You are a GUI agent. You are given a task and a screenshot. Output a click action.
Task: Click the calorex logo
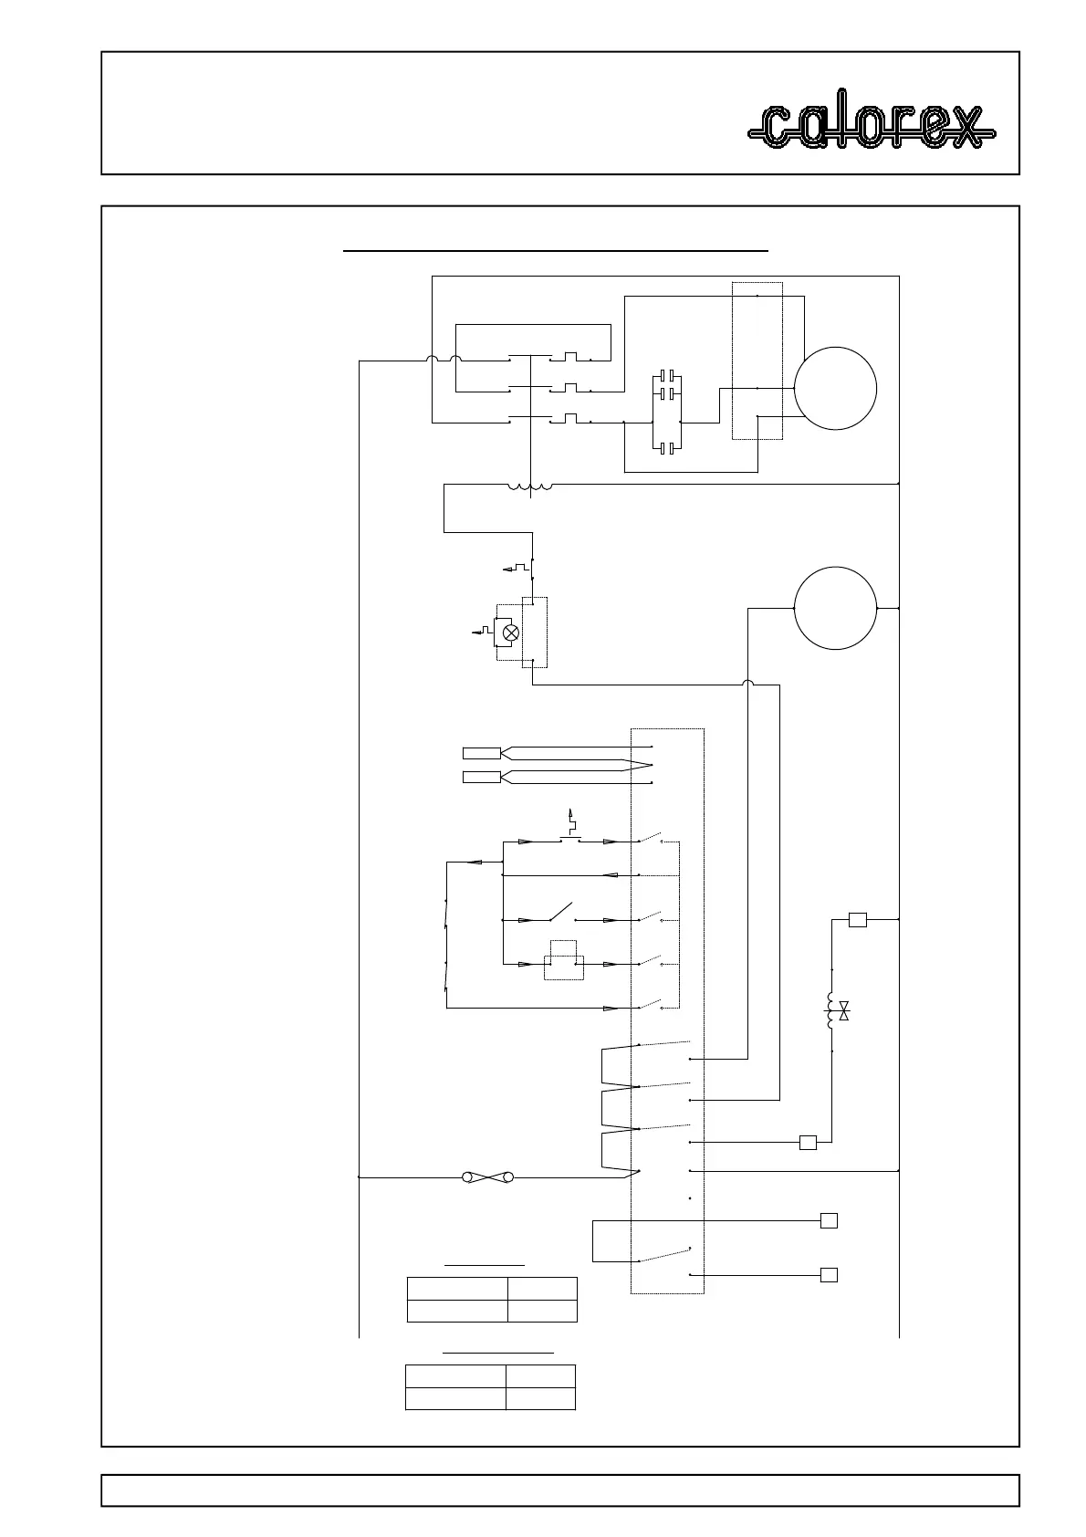pyautogui.click(x=872, y=127)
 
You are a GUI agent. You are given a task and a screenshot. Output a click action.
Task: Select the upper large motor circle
pyautogui.click(x=835, y=388)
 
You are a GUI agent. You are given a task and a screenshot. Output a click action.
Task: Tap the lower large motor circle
pyautogui.click(x=835, y=608)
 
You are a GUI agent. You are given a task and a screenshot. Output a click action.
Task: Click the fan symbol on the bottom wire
pyautogui.click(x=488, y=1177)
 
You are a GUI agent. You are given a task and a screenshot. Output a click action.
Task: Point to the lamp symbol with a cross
pyautogui.click(x=512, y=632)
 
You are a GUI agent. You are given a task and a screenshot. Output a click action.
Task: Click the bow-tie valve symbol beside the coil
pyautogui.click(x=844, y=1010)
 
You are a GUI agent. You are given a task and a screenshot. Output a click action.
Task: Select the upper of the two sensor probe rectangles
pyautogui.click(x=481, y=753)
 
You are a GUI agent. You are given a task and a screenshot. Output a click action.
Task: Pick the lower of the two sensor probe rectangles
pyautogui.click(x=481, y=777)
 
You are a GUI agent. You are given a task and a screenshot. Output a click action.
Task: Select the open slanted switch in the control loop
pyautogui.click(x=559, y=913)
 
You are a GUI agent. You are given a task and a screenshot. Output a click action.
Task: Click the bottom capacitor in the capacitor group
pyautogui.click(x=668, y=448)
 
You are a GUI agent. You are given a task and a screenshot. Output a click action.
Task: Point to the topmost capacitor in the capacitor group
pyautogui.click(x=668, y=376)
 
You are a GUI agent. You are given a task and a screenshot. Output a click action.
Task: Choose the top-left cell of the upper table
pyautogui.click(x=456, y=1288)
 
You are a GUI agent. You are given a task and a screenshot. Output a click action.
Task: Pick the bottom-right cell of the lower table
pyautogui.click(x=540, y=1398)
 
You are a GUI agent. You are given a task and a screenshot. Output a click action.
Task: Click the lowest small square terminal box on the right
pyautogui.click(x=829, y=1275)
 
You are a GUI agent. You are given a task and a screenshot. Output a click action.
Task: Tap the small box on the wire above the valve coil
pyautogui.click(x=857, y=920)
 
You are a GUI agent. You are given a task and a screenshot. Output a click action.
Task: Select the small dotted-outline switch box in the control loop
pyautogui.click(x=564, y=960)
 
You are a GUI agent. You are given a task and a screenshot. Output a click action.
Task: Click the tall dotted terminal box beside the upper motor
pyautogui.click(x=757, y=361)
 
